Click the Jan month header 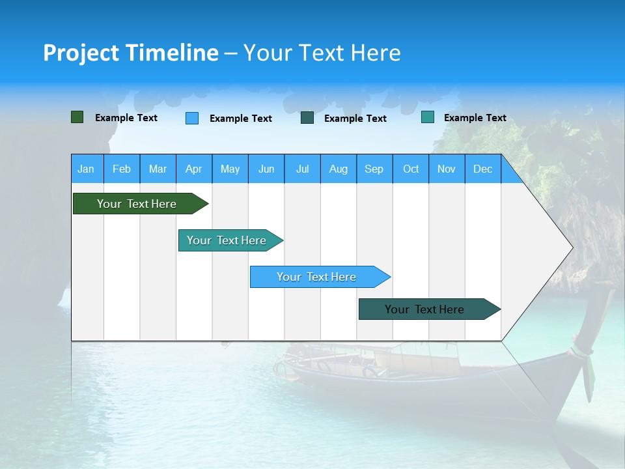tap(86, 169)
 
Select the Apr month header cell tap(193, 169)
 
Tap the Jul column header tap(302, 169)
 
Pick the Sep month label tap(374, 169)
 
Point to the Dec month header tap(482, 169)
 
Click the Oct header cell tap(411, 169)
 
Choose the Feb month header tap(122, 169)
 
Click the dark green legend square tap(77, 117)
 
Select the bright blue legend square tap(192, 118)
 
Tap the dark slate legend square tap(307, 118)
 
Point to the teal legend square tap(427, 117)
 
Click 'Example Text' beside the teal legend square tap(475, 118)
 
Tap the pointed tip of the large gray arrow tap(571, 248)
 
